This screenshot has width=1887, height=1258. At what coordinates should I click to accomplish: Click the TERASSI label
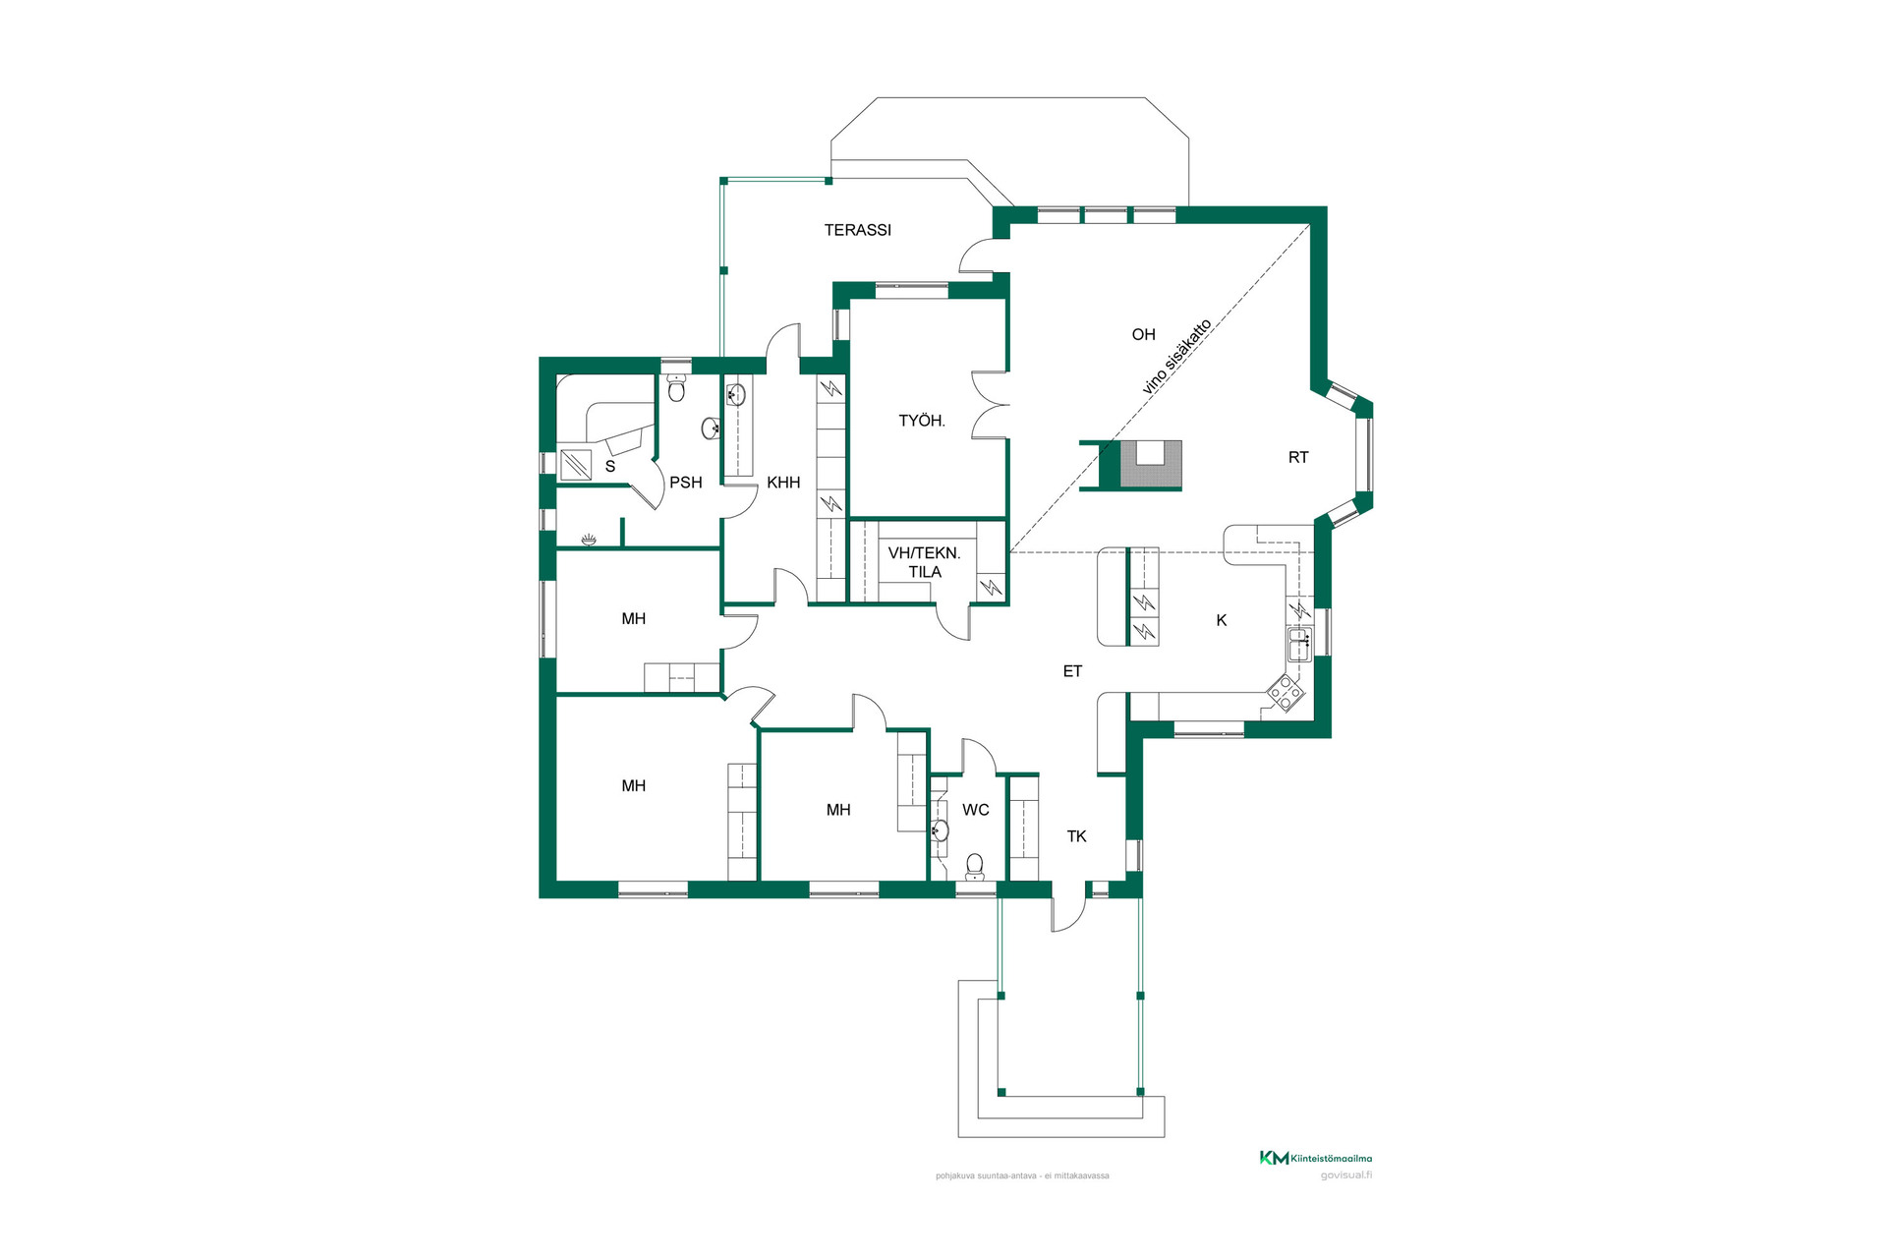tap(858, 230)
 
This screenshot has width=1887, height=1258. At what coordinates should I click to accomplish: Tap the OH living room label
tap(1143, 334)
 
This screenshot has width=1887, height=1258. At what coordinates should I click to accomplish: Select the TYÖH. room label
tap(922, 421)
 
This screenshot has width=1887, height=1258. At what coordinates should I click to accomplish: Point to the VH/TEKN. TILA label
tap(924, 562)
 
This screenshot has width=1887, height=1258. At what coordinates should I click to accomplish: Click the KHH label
tap(783, 483)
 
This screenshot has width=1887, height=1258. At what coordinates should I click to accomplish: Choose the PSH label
tap(686, 483)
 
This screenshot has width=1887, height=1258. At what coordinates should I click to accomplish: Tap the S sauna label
tap(610, 466)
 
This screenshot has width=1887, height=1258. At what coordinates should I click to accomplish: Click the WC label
tap(976, 810)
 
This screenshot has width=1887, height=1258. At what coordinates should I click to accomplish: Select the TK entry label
tap(1077, 836)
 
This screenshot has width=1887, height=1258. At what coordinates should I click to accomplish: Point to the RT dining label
tap(1298, 457)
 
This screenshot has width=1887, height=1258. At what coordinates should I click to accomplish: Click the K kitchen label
tap(1222, 620)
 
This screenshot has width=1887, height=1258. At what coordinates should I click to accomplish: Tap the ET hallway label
tap(1072, 671)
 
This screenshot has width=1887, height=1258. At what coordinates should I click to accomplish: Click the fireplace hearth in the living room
tap(1151, 465)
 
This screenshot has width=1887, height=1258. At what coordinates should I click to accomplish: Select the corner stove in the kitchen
tap(1286, 692)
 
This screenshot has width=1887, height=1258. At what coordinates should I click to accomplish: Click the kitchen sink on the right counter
tap(1299, 645)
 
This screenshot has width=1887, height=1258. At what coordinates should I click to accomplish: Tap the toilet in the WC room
tap(974, 866)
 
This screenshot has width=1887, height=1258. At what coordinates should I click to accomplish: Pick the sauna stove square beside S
tap(576, 464)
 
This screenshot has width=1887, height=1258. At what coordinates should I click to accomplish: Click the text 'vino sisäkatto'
tap(1176, 357)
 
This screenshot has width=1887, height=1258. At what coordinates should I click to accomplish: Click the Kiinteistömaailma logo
tap(1316, 1158)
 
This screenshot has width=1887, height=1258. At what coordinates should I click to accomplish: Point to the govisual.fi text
tap(1346, 1175)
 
